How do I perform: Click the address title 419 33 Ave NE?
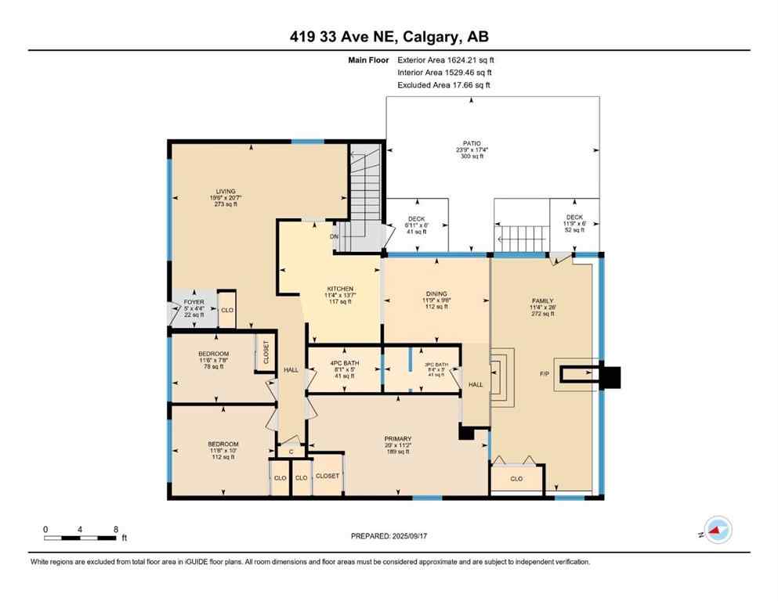pyautogui.click(x=389, y=37)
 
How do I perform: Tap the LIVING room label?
pyautogui.click(x=225, y=190)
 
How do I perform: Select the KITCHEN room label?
pyautogui.click(x=339, y=289)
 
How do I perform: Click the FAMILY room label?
pyautogui.click(x=542, y=301)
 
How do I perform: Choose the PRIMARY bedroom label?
pyautogui.click(x=398, y=439)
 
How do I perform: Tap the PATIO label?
pyautogui.click(x=471, y=143)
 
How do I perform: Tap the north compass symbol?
pyautogui.click(x=716, y=531)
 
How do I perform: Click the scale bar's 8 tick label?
pyautogui.click(x=115, y=529)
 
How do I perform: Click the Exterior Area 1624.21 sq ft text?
pyautogui.click(x=446, y=59)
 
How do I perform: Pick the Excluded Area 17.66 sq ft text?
pyautogui.click(x=444, y=85)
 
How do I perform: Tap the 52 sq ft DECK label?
pyautogui.click(x=574, y=218)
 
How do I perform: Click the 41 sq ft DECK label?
pyautogui.click(x=416, y=219)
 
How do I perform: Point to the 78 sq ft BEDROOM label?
pyautogui.click(x=213, y=354)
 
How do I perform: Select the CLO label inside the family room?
pyautogui.click(x=516, y=478)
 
